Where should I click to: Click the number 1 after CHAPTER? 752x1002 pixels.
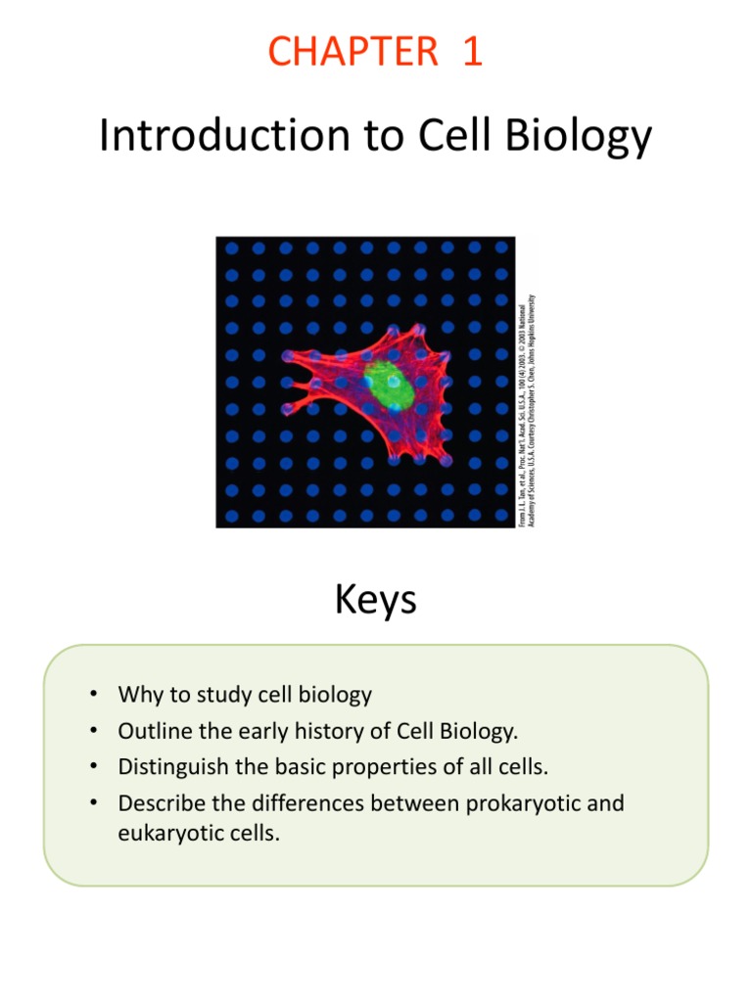click(472, 51)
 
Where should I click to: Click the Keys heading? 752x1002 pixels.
click(375, 599)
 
